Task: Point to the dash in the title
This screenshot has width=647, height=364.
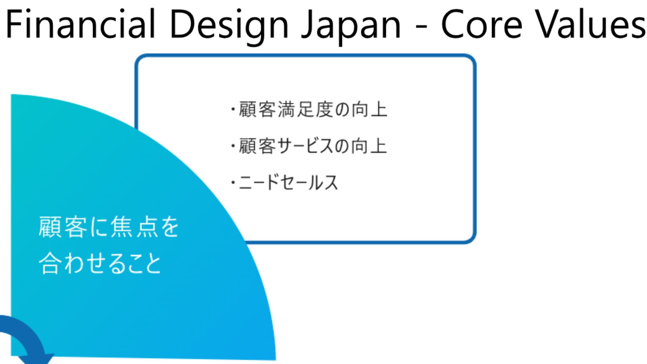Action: tap(421, 26)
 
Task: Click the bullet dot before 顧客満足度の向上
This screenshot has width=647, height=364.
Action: tap(233, 110)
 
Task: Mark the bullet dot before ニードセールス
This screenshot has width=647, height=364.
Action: tap(233, 183)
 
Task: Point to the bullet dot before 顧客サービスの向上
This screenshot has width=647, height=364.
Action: tap(233, 146)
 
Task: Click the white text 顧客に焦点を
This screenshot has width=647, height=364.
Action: tap(109, 226)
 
